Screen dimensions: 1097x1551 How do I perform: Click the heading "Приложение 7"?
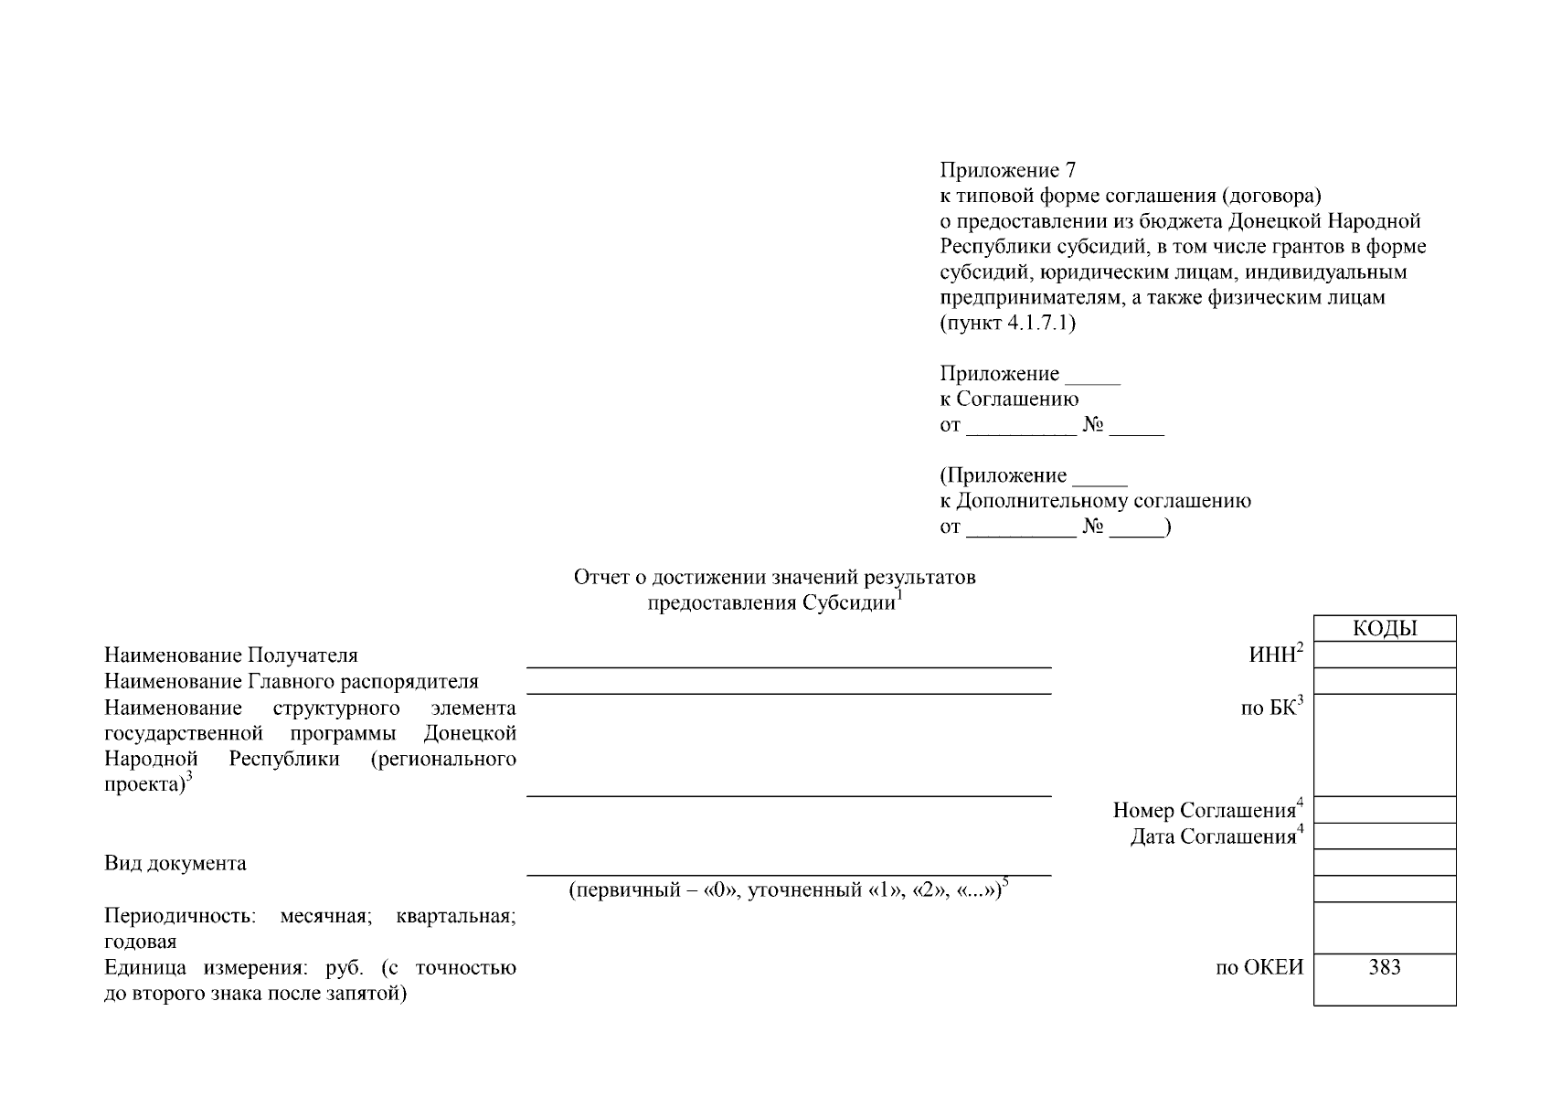click(x=1008, y=170)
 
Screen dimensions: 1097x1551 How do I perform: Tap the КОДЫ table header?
click(x=1384, y=629)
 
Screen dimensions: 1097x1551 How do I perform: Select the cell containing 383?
click(x=1384, y=968)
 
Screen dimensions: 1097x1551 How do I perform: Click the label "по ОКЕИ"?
click(x=1259, y=968)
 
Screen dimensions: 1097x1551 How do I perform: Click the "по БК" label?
click(x=1270, y=708)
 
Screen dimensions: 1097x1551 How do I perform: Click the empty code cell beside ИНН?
click(x=1384, y=655)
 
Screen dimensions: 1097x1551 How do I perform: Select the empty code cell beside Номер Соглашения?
click(x=1384, y=810)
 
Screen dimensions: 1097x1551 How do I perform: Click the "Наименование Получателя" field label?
click(x=231, y=655)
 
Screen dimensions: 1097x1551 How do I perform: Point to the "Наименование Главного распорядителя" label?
click(x=291, y=682)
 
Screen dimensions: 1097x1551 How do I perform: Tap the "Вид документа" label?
click(x=175, y=863)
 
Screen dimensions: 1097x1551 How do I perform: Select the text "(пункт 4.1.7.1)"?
click(x=1007, y=323)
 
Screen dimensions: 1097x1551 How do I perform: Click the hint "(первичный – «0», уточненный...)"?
click(x=788, y=890)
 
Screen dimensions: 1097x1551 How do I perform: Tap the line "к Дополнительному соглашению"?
click(x=1095, y=501)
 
